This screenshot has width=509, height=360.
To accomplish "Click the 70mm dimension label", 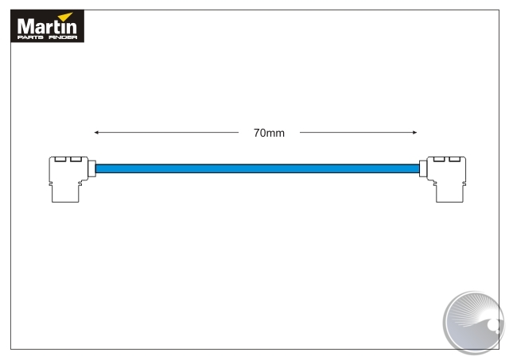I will [269, 133].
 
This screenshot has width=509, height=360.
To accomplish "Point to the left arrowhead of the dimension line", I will [96, 132].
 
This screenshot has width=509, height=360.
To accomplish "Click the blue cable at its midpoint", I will [257, 168].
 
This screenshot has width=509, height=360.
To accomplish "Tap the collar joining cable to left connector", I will [92, 168].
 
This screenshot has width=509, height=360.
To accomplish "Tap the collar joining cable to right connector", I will [422, 168].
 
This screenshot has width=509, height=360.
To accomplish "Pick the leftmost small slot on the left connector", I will [60, 160].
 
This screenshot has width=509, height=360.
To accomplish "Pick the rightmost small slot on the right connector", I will [455, 160].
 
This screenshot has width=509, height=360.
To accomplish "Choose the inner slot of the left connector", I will [76, 160].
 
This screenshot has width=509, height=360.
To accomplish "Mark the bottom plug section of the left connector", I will [65, 194].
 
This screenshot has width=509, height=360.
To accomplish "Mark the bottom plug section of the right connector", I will [449, 194].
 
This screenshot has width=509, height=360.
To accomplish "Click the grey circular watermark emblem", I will [472, 321].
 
